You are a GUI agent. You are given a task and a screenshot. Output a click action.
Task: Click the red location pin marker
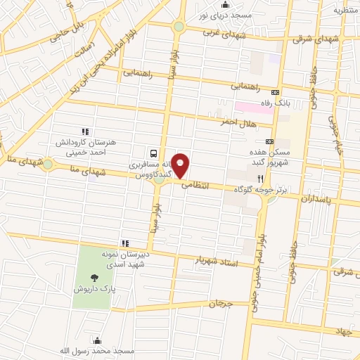pos(181,165)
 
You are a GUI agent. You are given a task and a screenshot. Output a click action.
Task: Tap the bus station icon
pos(153,152)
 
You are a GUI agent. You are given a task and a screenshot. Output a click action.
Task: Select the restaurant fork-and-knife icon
pos(261,179)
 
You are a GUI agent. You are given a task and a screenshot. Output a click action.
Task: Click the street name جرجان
pos(219,304)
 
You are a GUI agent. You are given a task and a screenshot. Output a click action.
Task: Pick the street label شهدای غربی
pos(223,32)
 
